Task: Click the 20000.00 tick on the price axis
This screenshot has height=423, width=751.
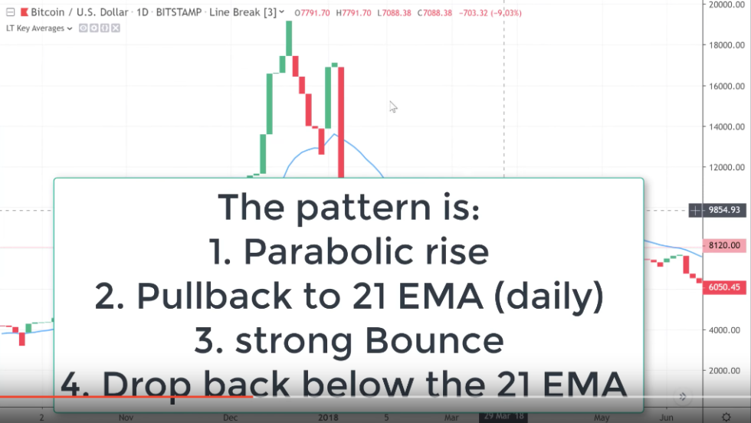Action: [725, 5]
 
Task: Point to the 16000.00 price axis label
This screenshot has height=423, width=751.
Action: [725, 86]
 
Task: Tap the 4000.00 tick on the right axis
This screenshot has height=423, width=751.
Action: [725, 330]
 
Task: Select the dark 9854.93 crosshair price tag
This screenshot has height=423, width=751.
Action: [719, 210]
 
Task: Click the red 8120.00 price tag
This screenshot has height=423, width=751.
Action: [723, 245]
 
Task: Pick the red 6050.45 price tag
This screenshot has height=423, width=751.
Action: [723, 287]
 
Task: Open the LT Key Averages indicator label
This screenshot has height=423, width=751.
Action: [36, 28]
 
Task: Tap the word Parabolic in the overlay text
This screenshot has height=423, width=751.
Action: [316, 251]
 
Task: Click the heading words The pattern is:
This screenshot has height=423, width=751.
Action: [349, 207]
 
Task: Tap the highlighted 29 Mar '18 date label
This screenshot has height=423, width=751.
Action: [503, 418]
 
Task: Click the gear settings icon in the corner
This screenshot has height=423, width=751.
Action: [725, 418]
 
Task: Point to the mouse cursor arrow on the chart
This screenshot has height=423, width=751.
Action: [392, 106]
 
